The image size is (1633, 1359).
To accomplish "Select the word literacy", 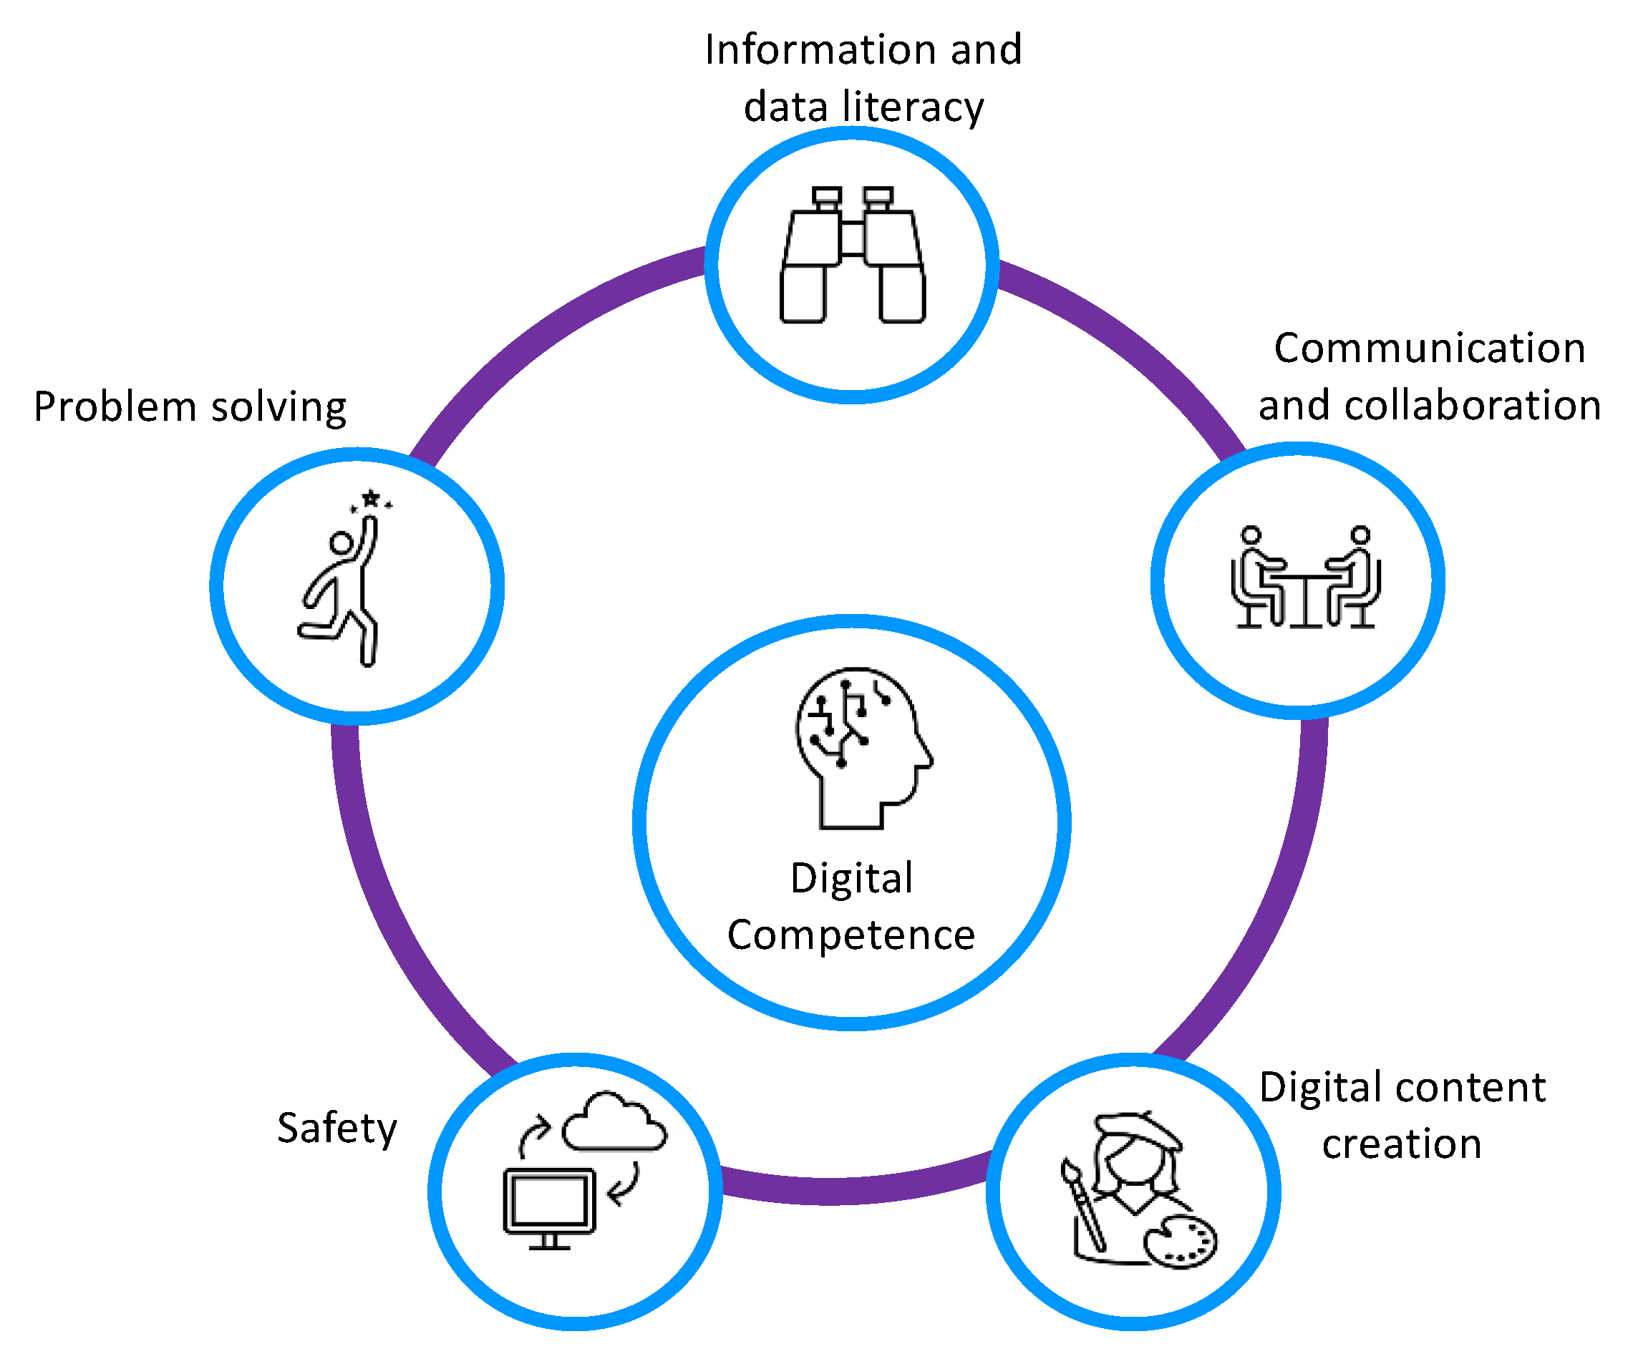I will coord(913,107).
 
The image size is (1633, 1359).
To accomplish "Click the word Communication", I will coord(1429,349).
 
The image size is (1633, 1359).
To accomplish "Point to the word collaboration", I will coord(1473,406).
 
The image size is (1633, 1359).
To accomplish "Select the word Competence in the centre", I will coord(851,935).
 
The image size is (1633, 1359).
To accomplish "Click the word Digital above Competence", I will coord(851,880).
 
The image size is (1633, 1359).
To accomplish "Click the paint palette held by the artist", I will coord(1181,1242).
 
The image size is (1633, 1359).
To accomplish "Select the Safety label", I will coord(336,1128).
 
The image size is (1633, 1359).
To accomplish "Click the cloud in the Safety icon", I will coord(614,1124).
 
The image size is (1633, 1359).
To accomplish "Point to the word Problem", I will coord(115,407).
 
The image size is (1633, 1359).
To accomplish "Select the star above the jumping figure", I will coord(371,497).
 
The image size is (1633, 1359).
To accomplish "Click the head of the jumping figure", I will coord(341,542).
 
